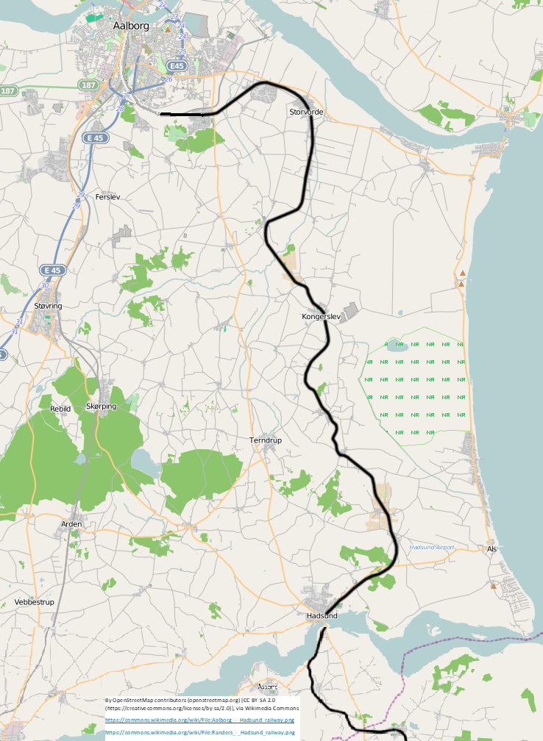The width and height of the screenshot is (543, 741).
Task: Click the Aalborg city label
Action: click(x=131, y=26)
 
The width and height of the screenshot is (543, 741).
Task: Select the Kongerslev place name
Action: click(x=322, y=316)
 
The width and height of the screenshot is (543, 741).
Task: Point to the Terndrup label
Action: click(x=266, y=440)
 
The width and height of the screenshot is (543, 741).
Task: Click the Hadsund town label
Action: click(x=322, y=615)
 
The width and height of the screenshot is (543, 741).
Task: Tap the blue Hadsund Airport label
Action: click(x=432, y=548)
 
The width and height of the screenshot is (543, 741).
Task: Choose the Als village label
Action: click(x=492, y=549)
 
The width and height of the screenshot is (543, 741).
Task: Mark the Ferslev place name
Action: click(x=107, y=197)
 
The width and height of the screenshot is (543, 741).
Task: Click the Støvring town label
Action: click(x=48, y=305)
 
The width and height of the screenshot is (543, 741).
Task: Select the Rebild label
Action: click(x=60, y=408)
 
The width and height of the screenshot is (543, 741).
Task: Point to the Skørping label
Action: click(x=102, y=407)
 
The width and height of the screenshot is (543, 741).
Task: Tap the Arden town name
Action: click(x=71, y=523)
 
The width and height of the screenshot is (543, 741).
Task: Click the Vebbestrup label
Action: click(x=35, y=602)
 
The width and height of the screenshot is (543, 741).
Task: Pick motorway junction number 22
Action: click(x=163, y=4)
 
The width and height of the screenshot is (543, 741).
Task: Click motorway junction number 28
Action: click(x=120, y=109)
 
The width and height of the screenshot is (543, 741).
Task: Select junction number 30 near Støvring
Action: click(x=45, y=286)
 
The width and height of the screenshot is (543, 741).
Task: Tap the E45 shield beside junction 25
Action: click(x=177, y=65)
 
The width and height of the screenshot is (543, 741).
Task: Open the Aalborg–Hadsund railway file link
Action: click(x=199, y=720)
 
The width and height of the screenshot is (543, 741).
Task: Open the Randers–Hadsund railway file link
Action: click(x=199, y=732)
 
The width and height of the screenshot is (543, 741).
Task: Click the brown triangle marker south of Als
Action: click(x=493, y=586)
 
